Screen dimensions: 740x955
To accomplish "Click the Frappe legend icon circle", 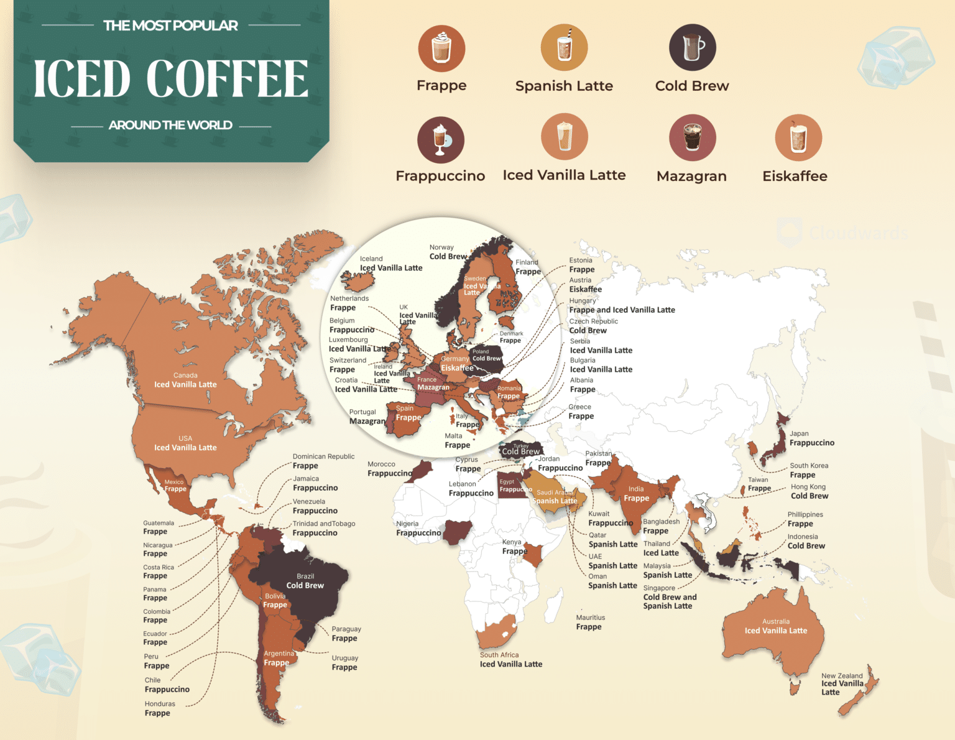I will pos(441,49).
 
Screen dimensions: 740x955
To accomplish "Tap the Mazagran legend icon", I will pos(692,137).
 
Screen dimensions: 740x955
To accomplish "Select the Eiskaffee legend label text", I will pos(795,176).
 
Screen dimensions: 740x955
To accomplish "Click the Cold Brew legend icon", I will pos(692,48).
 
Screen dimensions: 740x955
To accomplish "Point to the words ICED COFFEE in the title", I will pos(171,79).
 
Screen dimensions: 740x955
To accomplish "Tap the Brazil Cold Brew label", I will pos(305,581).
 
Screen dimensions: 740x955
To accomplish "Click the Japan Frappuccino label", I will pos(811,438).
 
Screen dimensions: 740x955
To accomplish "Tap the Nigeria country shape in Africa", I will pos(458,532).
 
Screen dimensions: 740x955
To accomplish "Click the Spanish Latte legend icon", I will pos(564,48).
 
